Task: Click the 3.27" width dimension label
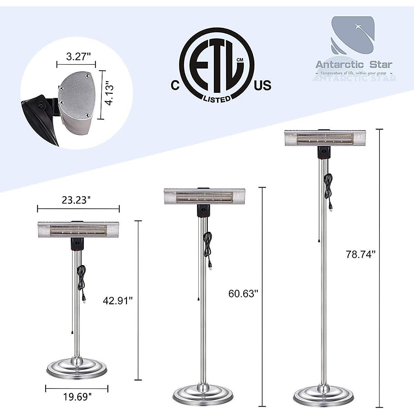pos(76,56)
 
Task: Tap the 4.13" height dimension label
pos(110,93)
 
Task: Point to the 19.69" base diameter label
pos(77,397)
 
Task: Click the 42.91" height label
pos(118,300)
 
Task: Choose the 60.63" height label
pos(243,293)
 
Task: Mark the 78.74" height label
pos(361,254)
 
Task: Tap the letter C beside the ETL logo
pos(175,85)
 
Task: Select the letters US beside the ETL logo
pos(263,85)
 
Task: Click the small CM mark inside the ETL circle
pos(240,60)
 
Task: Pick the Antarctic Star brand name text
pos(354,65)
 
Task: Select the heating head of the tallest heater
pos(325,138)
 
